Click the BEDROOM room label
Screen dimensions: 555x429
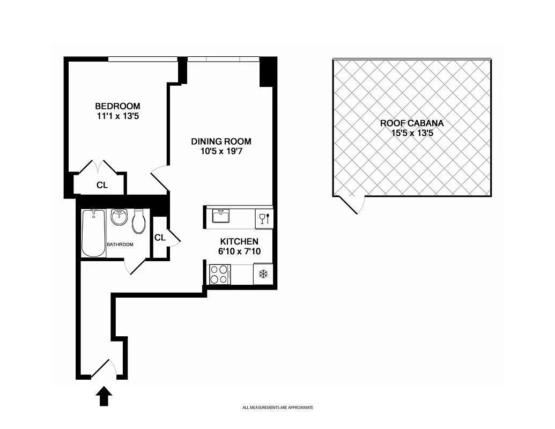[x=117, y=106]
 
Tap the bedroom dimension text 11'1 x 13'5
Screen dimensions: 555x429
[x=117, y=116]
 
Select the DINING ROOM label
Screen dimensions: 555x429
[x=221, y=142]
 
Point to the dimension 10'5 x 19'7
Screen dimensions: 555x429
[x=221, y=152]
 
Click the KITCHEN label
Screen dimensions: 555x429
[x=239, y=242]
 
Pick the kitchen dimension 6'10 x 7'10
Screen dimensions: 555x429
[x=239, y=252]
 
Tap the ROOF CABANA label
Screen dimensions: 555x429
[x=412, y=123]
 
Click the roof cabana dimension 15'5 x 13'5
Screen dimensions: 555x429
[x=412, y=133]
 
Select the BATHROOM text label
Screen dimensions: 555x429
[x=120, y=245]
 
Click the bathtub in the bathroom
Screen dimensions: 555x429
[x=93, y=233]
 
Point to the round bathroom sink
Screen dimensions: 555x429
[x=119, y=217]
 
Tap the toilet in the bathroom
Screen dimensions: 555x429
[x=139, y=221]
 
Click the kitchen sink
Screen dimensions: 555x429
[x=221, y=216]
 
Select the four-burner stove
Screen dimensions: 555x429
[x=219, y=274]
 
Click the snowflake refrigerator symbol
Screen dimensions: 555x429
[x=263, y=274]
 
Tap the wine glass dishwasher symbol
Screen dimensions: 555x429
[x=264, y=219]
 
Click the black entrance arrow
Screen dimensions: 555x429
[x=105, y=396]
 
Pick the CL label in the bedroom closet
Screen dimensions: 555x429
[x=102, y=185]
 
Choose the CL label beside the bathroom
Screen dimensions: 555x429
[x=160, y=238]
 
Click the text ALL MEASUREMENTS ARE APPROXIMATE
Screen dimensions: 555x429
[x=278, y=408]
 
